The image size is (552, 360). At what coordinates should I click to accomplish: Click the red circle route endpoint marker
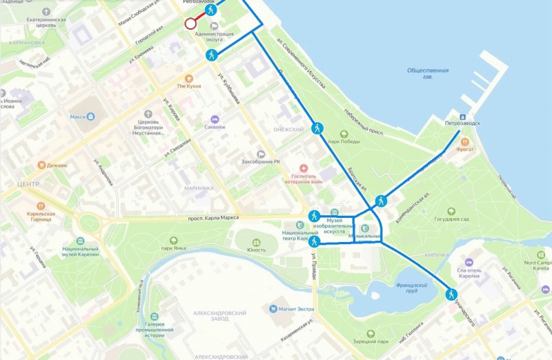pos(190,24)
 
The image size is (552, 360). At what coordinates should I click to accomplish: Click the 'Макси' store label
pos(77,117)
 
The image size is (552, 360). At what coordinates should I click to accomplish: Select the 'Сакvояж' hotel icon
pos(215,118)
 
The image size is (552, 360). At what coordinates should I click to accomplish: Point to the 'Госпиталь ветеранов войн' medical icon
pos(304,169)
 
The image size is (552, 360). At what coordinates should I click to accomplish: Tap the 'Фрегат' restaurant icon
pos(467,142)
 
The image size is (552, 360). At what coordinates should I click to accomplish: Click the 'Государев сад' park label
pos(452,220)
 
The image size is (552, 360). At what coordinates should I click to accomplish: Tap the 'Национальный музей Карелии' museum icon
pos(80,241)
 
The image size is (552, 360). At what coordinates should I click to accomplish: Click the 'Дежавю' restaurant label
pos(57,166)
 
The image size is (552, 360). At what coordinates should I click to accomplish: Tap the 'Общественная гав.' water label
pos(428,74)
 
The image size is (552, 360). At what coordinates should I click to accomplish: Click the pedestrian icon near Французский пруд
pos(451,294)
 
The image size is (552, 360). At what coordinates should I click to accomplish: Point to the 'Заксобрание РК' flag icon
pos(261,154)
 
